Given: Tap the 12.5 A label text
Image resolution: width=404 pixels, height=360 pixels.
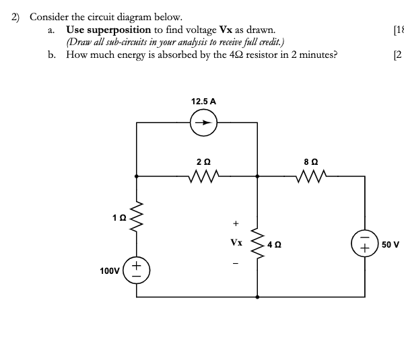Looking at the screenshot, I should pyautogui.click(x=203, y=101).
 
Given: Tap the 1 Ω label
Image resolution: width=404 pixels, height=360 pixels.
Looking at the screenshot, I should pyautogui.click(x=119, y=217).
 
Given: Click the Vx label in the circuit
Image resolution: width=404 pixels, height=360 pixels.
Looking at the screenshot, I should pyautogui.click(x=236, y=242).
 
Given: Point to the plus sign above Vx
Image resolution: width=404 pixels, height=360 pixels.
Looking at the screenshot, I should pyautogui.click(x=236, y=223).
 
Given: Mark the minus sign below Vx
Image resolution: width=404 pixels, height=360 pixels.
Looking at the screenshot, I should pyautogui.click(x=236, y=263).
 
